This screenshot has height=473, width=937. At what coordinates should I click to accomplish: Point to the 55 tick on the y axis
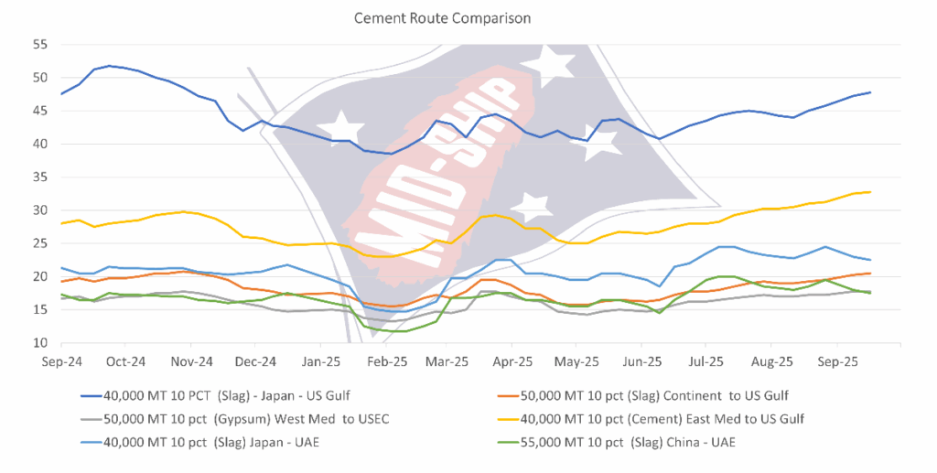(41, 44)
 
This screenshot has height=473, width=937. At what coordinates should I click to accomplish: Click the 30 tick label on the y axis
(41, 210)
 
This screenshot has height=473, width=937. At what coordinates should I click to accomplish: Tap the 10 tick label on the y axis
(41, 343)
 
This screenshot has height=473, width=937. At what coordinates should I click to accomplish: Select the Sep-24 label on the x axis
(61, 361)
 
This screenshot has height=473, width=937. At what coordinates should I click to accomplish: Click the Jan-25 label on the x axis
(321, 361)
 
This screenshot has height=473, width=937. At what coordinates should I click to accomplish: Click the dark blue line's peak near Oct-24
(110, 66)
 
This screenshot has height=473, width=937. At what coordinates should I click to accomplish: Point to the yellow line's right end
(869, 192)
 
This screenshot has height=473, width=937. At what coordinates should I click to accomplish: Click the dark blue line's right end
(869, 92)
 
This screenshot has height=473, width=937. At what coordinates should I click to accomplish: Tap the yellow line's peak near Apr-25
(495, 215)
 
